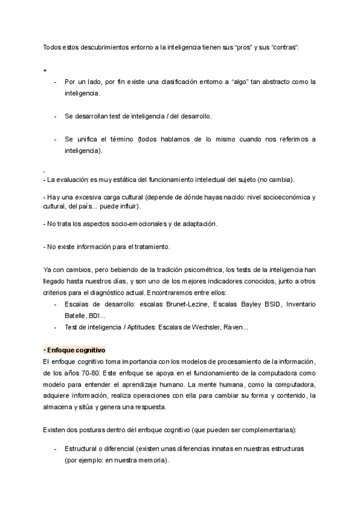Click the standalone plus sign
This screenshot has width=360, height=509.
45,70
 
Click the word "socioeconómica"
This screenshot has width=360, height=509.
283,196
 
